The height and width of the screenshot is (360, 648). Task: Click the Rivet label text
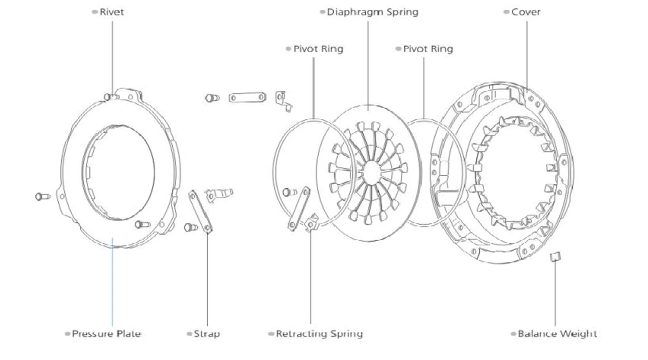pyautogui.click(x=112, y=12)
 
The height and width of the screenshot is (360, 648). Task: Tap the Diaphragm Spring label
pyautogui.click(x=373, y=13)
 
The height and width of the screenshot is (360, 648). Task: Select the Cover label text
pyautogui.click(x=526, y=12)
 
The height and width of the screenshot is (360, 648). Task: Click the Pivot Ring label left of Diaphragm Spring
pyautogui.click(x=318, y=49)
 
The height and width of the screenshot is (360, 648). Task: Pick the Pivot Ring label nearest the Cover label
pyautogui.click(x=428, y=49)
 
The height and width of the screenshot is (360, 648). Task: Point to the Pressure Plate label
pyautogui.click(x=106, y=334)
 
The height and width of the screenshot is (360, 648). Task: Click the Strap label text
pyautogui.click(x=207, y=334)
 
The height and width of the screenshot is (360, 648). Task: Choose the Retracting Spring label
pyautogui.click(x=319, y=334)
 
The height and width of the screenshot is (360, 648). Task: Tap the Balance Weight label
pyautogui.click(x=557, y=334)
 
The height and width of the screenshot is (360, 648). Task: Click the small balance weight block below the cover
pyautogui.click(x=555, y=257)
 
